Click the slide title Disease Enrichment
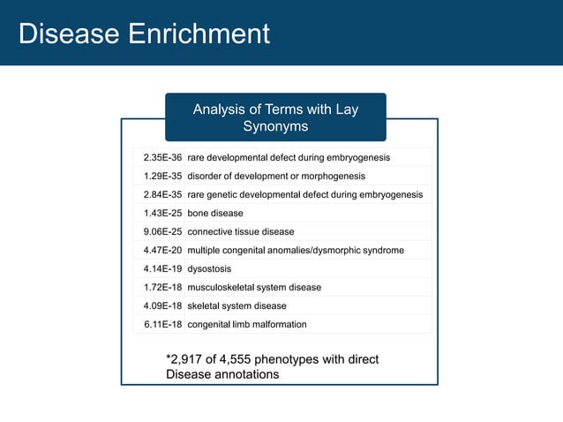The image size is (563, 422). tap(144, 34)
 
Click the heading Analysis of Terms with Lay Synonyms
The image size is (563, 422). tap(275, 118)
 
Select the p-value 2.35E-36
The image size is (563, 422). tap(162, 157)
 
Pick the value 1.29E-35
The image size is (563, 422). tap(162, 176)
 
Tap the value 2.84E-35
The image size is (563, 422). tap(162, 194)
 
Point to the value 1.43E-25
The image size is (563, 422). tap(162, 213)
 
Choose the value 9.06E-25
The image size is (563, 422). tap(162, 231)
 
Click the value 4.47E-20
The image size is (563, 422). tap(162, 250)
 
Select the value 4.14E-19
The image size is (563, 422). tap(162, 268)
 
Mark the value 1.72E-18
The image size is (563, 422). tap(162, 287)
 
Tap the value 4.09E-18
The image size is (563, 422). tap(162, 305)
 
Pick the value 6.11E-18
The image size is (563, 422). tap(162, 324)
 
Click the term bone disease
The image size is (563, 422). tap(215, 213)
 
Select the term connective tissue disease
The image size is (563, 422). tap(241, 231)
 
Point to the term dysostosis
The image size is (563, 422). tap(212, 268)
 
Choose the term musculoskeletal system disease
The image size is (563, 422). tap(254, 287)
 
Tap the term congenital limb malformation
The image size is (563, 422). tap(247, 324)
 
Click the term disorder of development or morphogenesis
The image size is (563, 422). tap(276, 176)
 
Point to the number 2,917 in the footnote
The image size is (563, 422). tap(190, 359)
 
